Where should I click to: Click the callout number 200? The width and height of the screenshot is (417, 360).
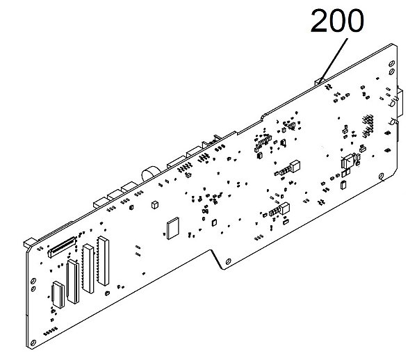click(337, 20)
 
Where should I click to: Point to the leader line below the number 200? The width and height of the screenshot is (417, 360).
click(334, 60)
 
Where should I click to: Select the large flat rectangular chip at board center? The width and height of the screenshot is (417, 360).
click(173, 228)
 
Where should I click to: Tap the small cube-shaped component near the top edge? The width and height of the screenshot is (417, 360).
click(155, 204)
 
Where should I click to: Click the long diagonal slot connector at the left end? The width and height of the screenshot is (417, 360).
click(62, 247)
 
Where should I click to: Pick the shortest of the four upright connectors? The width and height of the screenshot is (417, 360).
click(58, 295)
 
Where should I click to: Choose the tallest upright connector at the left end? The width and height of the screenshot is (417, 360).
click(103, 261)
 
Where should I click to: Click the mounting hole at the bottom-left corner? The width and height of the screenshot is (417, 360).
click(33, 343)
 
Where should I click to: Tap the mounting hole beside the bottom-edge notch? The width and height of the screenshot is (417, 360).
click(228, 261)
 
